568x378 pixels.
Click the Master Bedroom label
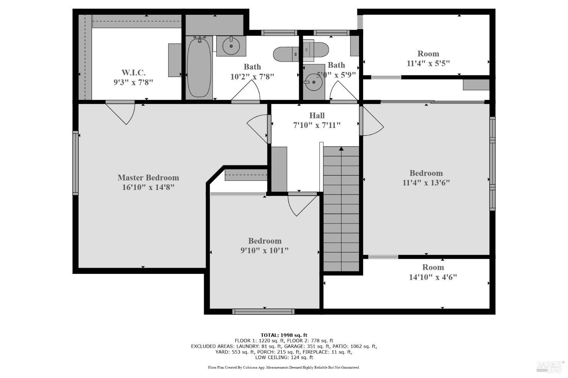(x=148, y=177)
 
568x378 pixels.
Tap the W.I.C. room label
(x=133, y=73)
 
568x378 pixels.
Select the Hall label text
(x=317, y=115)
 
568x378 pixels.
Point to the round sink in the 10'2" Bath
(x=231, y=46)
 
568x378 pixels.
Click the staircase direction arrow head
(x=341, y=149)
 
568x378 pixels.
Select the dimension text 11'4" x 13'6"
(x=426, y=183)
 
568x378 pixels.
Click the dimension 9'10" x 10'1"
(x=265, y=250)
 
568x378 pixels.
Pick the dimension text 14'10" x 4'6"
(x=433, y=277)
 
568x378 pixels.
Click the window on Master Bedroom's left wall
(x=75, y=163)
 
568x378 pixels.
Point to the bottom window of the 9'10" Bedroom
(x=263, y=312)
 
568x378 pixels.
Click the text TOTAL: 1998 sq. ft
(x=284, y=335)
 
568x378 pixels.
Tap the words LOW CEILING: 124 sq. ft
(x=284, y=357)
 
